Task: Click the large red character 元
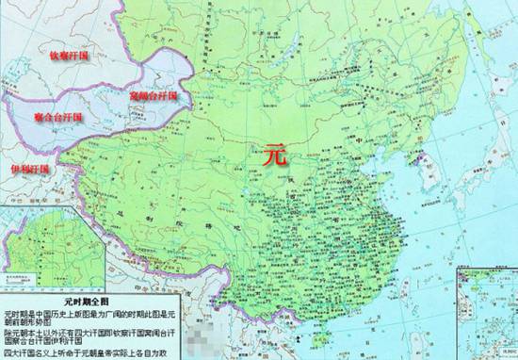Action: coord(274,151)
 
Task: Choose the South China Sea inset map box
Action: coord(486,311)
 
